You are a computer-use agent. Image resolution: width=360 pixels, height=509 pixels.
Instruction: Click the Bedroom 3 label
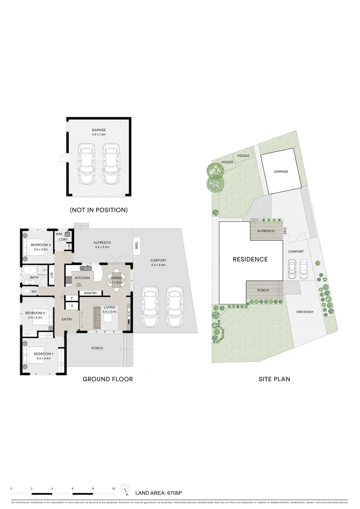41,245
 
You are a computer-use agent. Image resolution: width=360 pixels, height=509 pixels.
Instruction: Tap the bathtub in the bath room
29,271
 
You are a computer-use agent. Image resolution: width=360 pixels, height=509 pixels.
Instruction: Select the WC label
34,291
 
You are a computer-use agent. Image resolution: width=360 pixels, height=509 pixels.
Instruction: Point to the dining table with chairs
116,278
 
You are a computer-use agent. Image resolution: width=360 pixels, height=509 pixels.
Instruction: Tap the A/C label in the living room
129,312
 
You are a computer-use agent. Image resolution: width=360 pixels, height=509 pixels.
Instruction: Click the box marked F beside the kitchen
72,298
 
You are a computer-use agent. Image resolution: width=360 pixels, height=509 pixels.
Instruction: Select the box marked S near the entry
72,306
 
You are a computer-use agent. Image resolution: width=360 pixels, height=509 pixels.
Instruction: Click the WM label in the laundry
59,233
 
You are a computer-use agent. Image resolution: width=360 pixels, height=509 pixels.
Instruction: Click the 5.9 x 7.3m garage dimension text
99,134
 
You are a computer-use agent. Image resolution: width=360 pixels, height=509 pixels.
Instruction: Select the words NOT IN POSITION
98,209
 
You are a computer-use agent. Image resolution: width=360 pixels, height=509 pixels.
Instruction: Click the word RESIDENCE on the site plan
250,259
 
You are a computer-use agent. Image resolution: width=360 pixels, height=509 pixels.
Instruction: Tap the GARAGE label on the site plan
281,172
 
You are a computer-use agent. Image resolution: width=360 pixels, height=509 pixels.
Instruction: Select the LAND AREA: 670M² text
158,493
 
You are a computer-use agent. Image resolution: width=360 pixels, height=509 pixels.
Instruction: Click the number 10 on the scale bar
114,489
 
